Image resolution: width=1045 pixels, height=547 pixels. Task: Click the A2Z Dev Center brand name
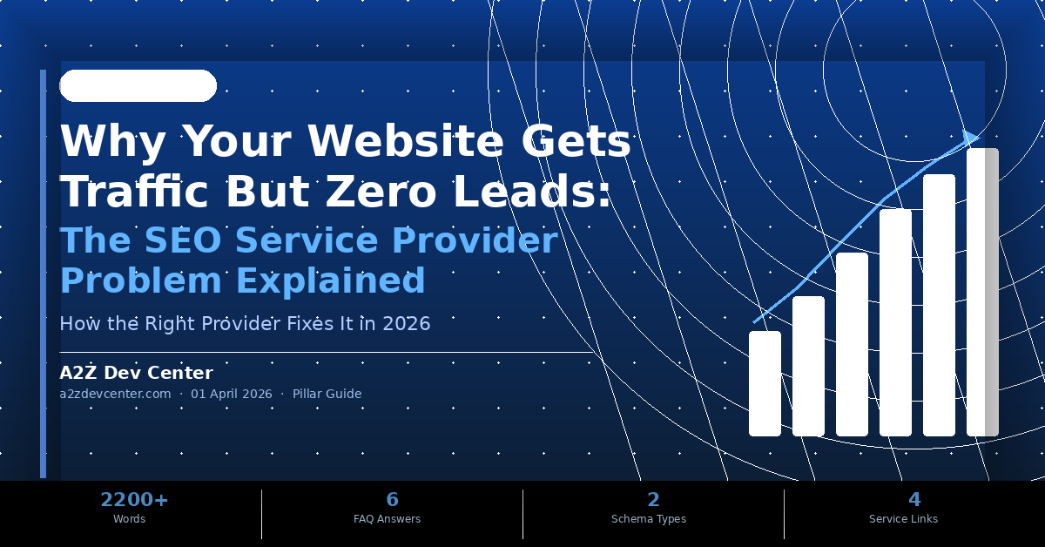(x=136, y=373)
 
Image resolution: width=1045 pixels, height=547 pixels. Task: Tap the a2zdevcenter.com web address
(x=115, y=394)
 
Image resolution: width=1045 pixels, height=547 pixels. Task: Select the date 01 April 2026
(x=231, y=394)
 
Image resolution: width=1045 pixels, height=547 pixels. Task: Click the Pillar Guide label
(x=327, y=394)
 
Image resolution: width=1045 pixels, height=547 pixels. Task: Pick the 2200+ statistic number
(x=134, y=499)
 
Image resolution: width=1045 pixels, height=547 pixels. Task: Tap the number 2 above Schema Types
(x=653, y=499)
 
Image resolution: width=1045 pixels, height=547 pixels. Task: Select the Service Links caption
(x=903, y=519)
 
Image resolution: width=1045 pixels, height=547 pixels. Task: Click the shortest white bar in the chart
(x=765, y=383)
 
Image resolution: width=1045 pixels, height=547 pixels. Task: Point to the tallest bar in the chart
(x=982, y=292)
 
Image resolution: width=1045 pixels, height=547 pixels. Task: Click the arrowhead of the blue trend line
(x=971, y=137)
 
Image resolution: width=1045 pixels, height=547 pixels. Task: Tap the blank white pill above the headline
(x=138, y=85)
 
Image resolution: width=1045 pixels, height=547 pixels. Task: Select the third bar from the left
(x=852, y=344)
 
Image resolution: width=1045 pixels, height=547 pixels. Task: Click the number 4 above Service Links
(x=914, y=499)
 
